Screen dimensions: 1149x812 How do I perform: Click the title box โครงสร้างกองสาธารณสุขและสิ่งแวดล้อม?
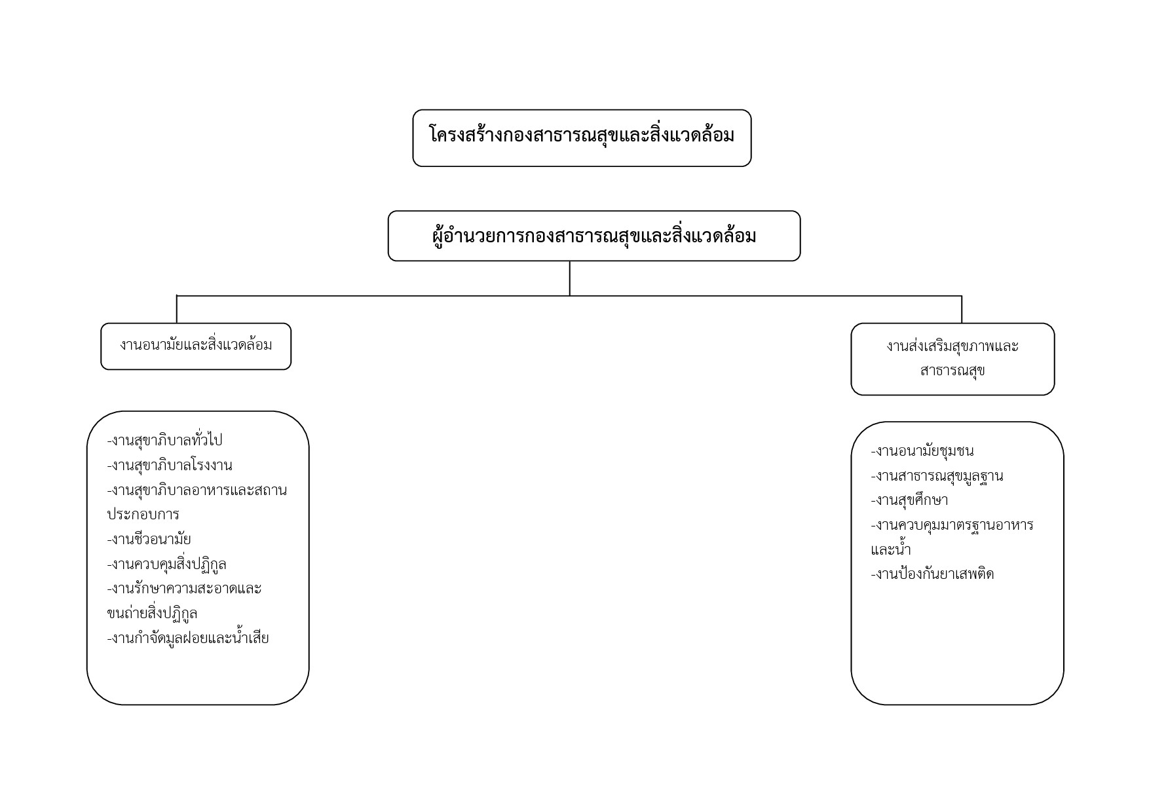(582, 138)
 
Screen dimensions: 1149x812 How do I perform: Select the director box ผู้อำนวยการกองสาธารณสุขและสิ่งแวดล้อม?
(594, 236)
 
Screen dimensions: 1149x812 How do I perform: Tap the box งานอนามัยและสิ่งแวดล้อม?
(196, 346)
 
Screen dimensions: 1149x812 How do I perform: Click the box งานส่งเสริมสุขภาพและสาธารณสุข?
(952, 359)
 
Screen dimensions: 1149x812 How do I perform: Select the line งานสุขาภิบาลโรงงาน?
(170, 466)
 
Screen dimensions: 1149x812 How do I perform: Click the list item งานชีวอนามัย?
(149, 540)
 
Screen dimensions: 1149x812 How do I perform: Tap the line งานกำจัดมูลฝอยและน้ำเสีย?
(188, 638)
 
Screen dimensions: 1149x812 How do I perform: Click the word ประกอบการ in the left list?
(143, 515)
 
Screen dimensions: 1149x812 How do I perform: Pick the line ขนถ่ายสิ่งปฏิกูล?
(152, 614)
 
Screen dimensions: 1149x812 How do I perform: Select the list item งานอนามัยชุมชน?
(922, 451)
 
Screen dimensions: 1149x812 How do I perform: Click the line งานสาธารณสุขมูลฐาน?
(937, 476)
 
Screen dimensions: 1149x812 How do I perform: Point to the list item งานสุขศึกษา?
(910, 500)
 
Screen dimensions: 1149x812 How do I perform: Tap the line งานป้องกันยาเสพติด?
(933, 574)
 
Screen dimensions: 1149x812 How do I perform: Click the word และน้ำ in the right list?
(891, 549)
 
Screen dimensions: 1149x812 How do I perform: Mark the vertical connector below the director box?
(570, 278)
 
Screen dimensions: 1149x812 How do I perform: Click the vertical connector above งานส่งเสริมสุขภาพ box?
(962, 309)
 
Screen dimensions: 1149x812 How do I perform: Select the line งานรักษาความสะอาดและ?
(185, 589)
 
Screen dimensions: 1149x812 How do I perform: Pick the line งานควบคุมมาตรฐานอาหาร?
(952, 525)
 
